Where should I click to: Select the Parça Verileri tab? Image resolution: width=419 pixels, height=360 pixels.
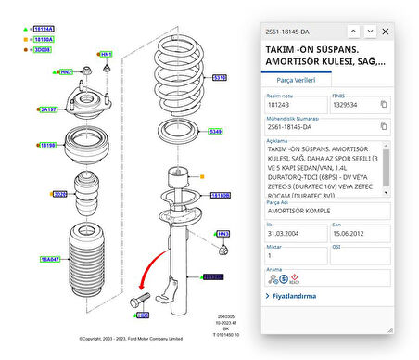(x=298, y=81)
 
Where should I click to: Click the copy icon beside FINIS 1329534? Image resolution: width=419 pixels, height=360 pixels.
(x=384, y=104)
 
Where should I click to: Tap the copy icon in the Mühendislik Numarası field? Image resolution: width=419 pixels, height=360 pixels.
(x=384, y=129)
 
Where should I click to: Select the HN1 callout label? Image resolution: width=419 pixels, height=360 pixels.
(x=106, y=55)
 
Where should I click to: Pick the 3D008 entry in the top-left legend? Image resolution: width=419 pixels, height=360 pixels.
(x=43, y=50)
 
